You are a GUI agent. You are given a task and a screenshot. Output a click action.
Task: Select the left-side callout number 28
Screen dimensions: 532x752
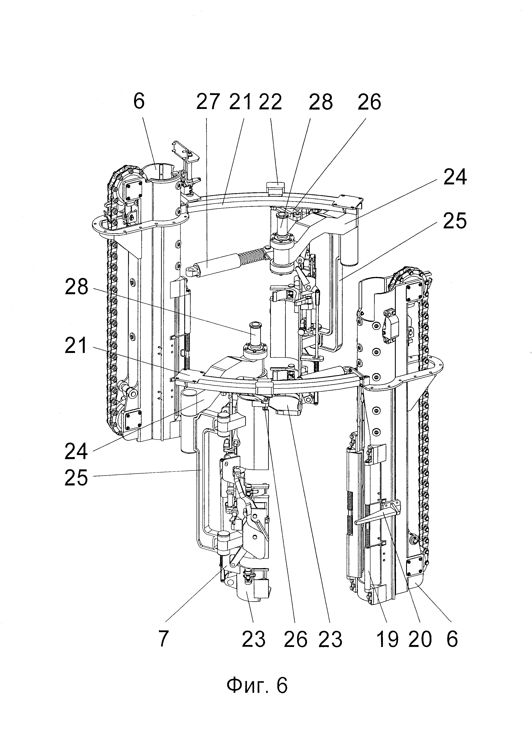click(x=77, y=287)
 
